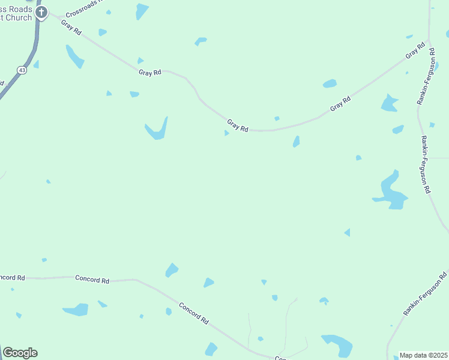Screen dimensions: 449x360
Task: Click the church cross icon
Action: (41, 12)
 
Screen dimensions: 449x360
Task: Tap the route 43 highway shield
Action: (22, 70)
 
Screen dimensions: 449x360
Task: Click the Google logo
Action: (20, 353)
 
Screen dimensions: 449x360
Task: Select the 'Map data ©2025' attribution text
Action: (423, 355)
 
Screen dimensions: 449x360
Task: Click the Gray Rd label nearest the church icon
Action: (71, 28)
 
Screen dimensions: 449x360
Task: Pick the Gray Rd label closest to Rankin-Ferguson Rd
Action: (415, 53)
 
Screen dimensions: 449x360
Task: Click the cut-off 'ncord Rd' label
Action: (12, 278)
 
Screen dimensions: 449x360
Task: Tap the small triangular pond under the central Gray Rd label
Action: (226, 133)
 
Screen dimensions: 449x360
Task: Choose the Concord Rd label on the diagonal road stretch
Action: (196, 312)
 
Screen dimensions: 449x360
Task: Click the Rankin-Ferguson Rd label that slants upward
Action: (425, 294)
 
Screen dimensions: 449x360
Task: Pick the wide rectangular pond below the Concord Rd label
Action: (76, 310)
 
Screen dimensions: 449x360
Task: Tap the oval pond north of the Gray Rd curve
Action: (330, 83)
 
